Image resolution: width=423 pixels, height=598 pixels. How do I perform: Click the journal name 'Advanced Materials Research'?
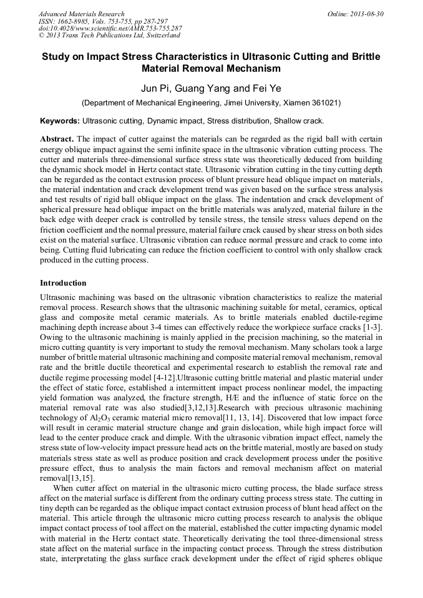tap(81, 14)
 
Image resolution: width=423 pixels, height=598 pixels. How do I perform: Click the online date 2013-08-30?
tap(356, 14)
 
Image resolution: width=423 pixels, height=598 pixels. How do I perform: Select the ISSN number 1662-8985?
tap(75, 21)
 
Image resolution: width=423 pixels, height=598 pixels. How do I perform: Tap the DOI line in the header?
tap(110, 29)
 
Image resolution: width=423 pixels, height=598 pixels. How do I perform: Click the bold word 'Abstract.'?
tap(57, 138)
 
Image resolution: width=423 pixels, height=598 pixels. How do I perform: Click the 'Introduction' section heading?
tap(63, 283)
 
